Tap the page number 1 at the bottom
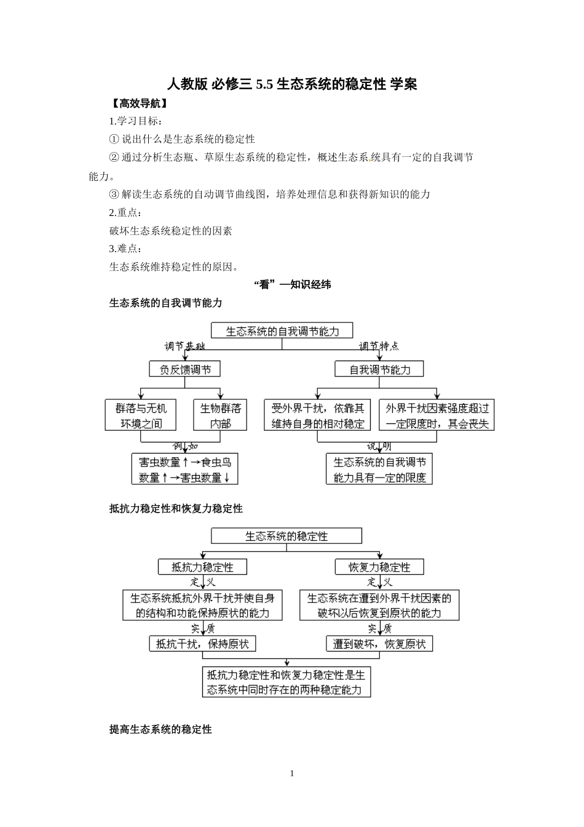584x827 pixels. tap(292, 773)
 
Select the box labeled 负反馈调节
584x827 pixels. tap(185, 369)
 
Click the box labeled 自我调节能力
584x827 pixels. tap(379, 369)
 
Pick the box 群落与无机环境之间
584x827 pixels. tap(141, 415)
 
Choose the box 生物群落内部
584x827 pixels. tap(220, 415)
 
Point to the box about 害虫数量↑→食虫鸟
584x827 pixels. tap(184, 469)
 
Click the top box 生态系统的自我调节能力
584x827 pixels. tap(282, 331)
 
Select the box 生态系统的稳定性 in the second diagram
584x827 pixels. tap(286, 536)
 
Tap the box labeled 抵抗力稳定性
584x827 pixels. tap(202, 567)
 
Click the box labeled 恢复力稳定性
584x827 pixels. tap(379, 567)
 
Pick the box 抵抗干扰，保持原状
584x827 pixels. tap(203, 644)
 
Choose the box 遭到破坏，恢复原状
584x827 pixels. tap(379, 644)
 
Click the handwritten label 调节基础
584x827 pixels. tap(184, 346)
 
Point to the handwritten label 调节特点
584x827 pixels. tap(379, 346)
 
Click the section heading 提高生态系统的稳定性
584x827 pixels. tap(160, 729)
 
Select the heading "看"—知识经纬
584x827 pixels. tap(292, 284)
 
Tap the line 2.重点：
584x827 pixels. tap(125, 212)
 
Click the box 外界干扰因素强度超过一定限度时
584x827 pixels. tap(437, 415)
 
